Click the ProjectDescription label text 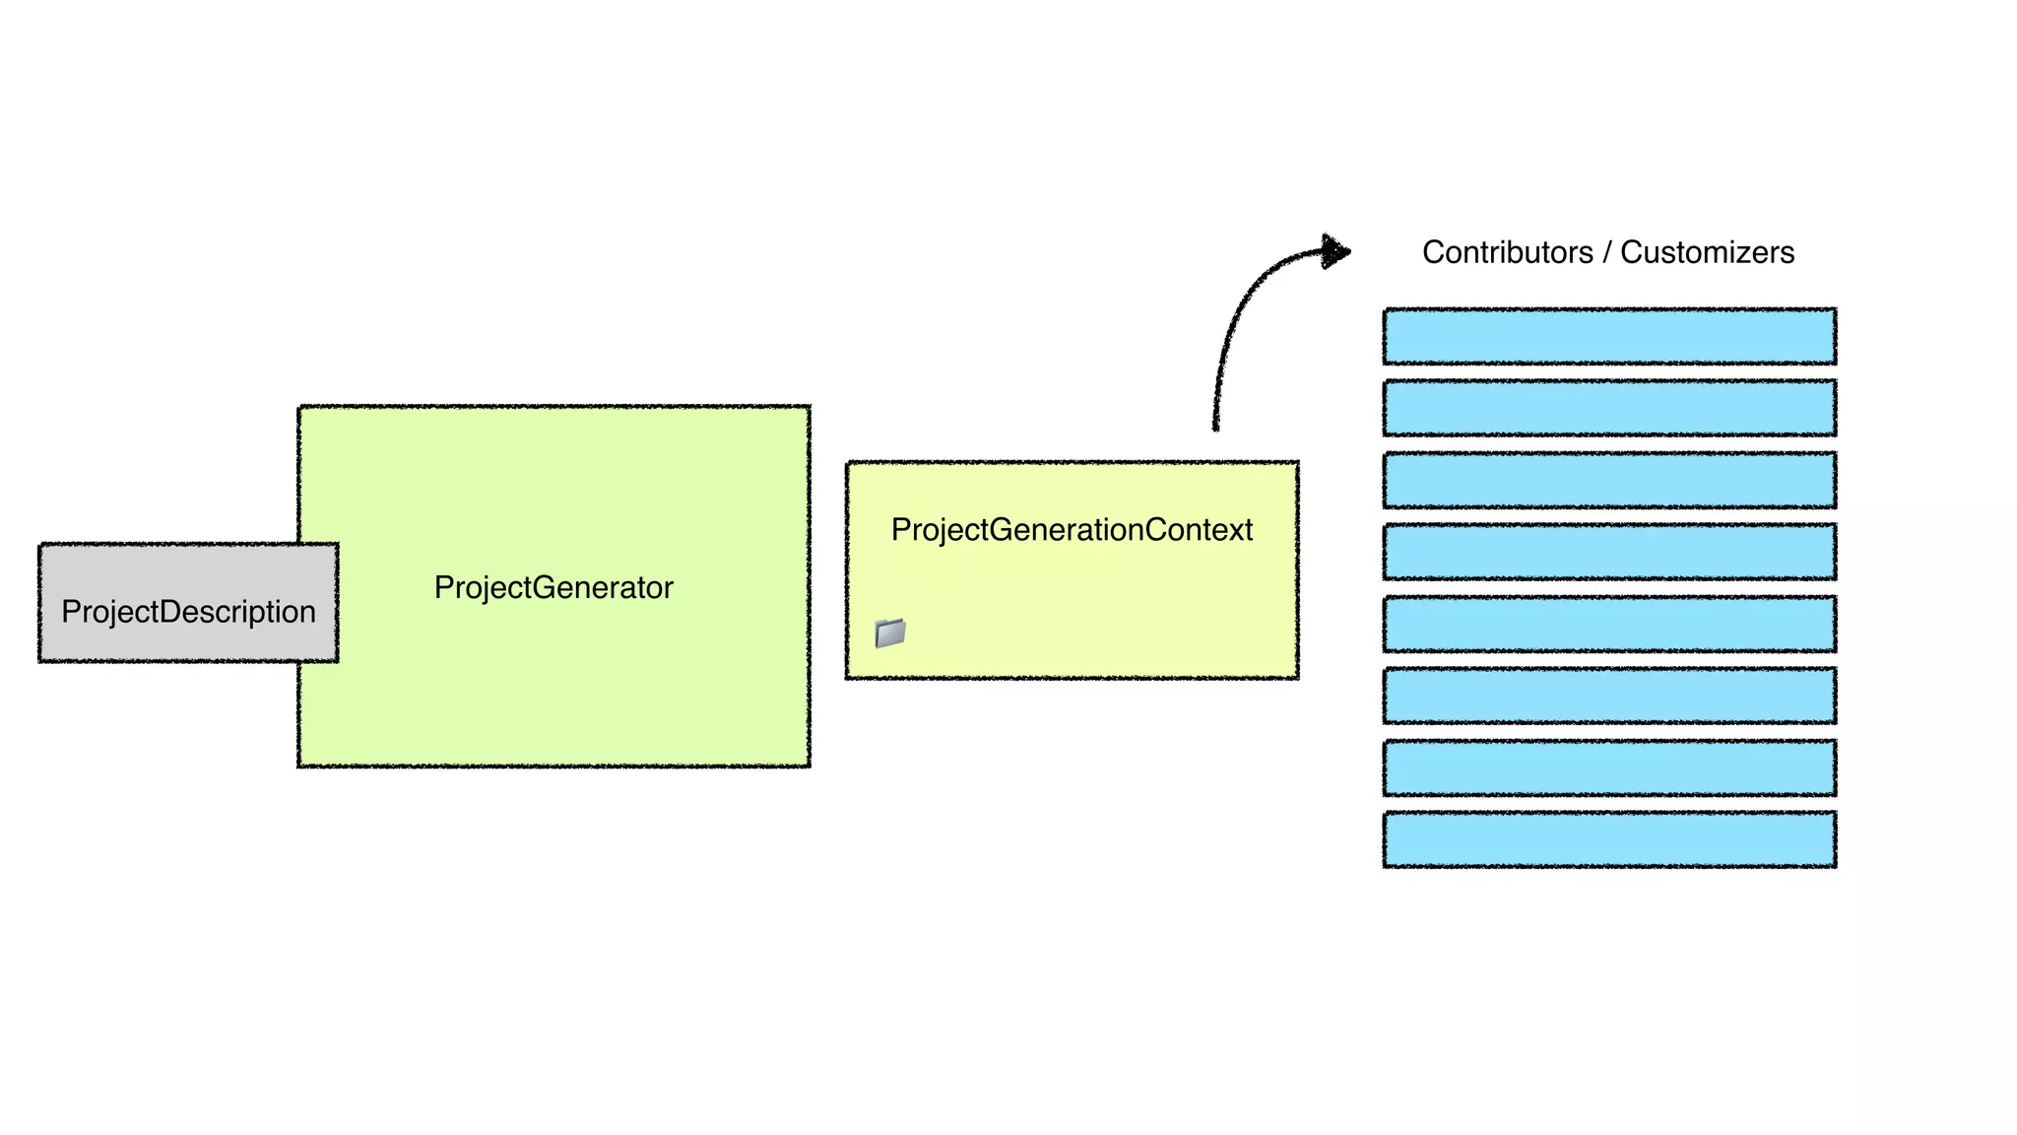(x=188, y=612)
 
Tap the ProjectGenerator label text (x=553, y=588)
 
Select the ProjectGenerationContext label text (x=1072, y=530)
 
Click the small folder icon (x=890, y=633)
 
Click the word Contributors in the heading (x=1507, y=253)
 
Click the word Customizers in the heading (x=1707, y=253)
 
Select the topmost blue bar (x=1609, y=336)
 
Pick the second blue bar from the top (x=1609, y=408)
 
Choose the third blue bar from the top (x=1609, y=480)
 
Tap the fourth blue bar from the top (x=1609, y=552)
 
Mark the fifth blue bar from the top (x=1609, y=624)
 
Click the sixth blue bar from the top (x=1609, y=696)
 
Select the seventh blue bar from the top (x=1609, y=768)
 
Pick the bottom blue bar (x=1609, y=839)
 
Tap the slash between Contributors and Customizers (x=1606, y=253)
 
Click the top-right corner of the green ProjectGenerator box (x=809, y=407)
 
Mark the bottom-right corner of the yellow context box (x=1297, y=677)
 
